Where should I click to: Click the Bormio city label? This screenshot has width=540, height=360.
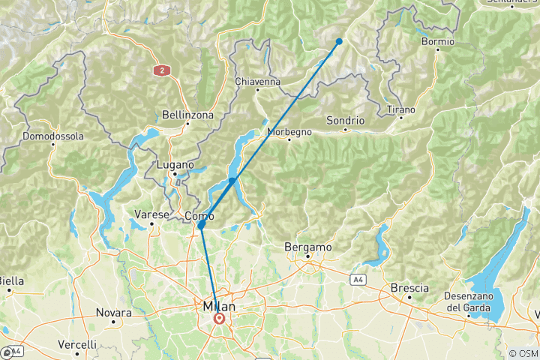438,41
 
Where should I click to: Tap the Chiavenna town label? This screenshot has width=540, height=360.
257,81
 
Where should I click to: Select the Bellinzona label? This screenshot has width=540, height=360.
187,115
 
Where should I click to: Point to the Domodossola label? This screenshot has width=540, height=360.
52,136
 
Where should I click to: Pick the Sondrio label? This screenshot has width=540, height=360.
346,120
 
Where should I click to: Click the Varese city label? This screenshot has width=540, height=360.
151,214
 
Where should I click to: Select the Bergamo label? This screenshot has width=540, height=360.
307,247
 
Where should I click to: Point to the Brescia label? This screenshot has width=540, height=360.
409,288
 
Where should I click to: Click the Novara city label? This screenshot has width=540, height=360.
113,312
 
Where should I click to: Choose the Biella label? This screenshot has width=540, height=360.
11,281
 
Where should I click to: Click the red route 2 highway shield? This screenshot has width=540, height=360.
160,70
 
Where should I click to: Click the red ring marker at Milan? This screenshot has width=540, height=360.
219,318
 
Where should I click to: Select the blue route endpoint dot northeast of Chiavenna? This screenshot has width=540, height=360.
339,42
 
